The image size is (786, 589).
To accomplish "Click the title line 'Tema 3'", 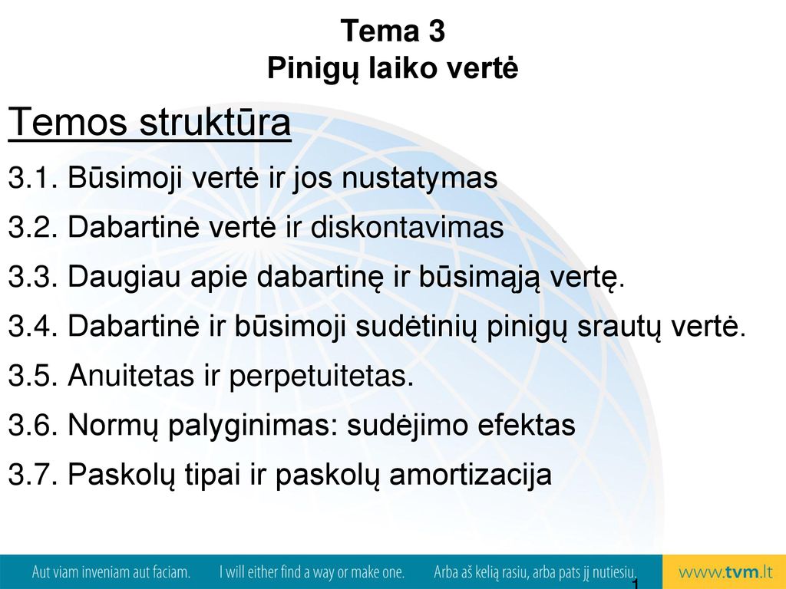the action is click(392, 31).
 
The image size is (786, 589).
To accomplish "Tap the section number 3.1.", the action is click(33, 177).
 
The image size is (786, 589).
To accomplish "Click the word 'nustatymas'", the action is click(420, 178).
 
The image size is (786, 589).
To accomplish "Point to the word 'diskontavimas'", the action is click(407, 226).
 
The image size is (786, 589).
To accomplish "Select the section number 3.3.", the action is click(33, 276).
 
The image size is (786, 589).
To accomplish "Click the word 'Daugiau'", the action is click(124, 278).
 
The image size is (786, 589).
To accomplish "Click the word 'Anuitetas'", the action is click(130, 375).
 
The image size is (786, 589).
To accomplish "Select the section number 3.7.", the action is click(33, 474).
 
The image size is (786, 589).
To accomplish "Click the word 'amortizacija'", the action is click(471, 475).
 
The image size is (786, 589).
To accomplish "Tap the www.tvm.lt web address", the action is click(726, 572).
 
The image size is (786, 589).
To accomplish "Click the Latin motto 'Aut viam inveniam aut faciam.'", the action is click(111, 572).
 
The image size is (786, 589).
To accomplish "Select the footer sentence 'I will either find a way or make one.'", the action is click(312, 572).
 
